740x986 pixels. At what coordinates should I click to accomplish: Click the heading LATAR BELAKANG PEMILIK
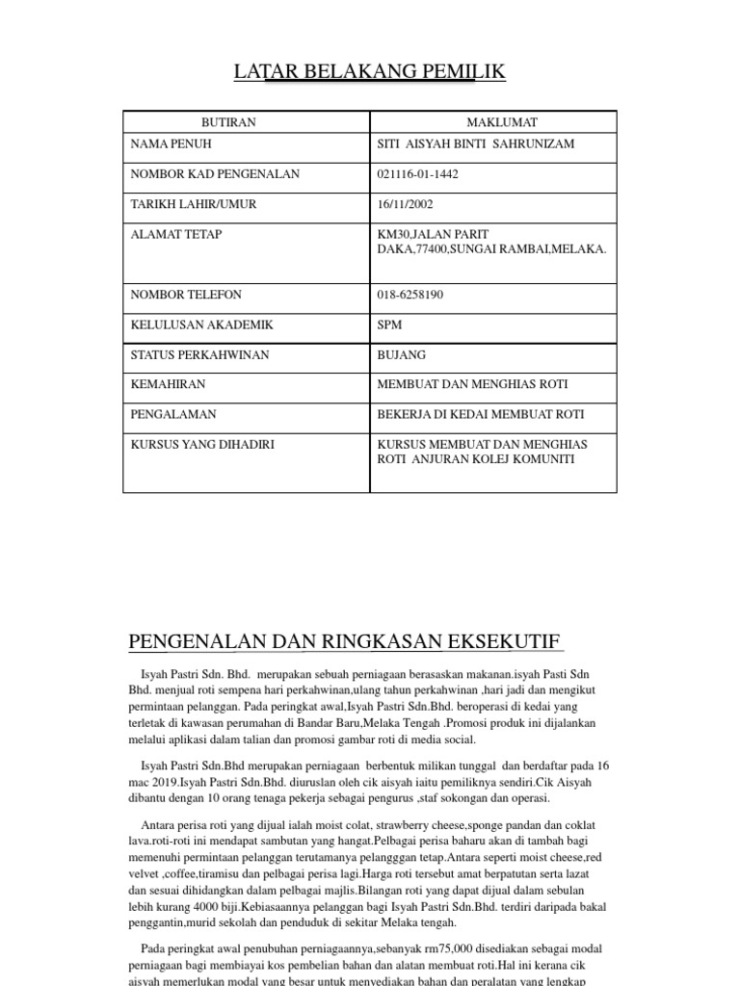tap(370, 72)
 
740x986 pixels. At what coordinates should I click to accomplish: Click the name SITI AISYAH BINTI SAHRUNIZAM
tap(477, 144)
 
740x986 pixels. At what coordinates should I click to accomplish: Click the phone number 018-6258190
tap(411, 295)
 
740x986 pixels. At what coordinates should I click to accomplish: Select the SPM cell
tap(390, 324)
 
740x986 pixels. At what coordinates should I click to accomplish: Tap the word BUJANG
tap(402, 354)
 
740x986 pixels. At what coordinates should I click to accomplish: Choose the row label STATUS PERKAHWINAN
tap(199, 354)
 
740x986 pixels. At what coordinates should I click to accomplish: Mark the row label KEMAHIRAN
tap(168, 384)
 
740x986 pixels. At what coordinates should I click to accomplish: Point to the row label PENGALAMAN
tap(173, 414)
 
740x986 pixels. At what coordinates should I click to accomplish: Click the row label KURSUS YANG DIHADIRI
tap(197, 444)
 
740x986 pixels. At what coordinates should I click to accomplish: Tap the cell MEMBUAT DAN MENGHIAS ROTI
tap(473, 384)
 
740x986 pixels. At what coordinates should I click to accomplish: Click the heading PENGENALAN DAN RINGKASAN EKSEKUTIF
tap(345, 642)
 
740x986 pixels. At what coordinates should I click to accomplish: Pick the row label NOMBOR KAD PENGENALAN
tap(215, 174)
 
